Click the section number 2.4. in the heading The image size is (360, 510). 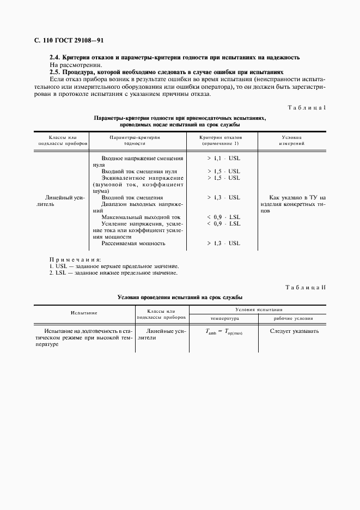point(56,58)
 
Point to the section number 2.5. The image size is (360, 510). point(56,72)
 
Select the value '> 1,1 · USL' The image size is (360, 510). point(223,158)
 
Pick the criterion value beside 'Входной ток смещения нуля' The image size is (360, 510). point(223,171)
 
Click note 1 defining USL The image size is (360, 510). point(114,266)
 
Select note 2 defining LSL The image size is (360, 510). point(113,272)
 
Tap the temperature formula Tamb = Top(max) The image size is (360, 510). point(223,332)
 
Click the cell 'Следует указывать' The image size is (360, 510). point(294,331)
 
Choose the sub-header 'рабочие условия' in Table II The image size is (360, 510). point(292,318)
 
